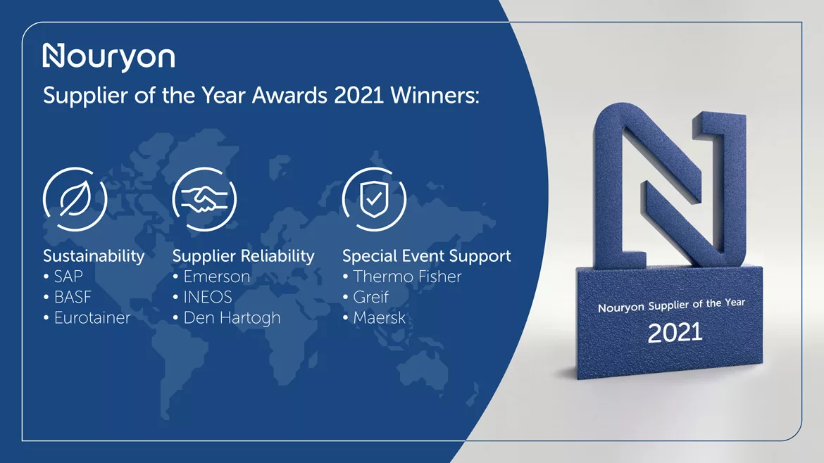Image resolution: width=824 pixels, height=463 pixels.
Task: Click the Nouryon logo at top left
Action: click(x=108, y=57)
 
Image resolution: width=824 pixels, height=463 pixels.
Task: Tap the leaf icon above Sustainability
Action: click(x=75, y=198)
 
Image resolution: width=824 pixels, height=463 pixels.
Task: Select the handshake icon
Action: click(x=204, y=198)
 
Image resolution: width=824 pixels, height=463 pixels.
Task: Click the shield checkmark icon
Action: click(x=373, y=198)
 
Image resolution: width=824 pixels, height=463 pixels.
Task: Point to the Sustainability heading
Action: click(x=94, y=256)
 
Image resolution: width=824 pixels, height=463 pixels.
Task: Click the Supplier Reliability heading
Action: click(x=243, y=256)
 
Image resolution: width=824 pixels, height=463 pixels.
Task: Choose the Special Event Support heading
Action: click(x=426, y=256)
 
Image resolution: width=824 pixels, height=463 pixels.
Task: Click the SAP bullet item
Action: click(x=68, y=277)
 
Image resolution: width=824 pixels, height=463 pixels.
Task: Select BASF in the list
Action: click(x=72, y=297)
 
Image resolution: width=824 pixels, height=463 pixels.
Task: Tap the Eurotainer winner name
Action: click(x=92, y=317)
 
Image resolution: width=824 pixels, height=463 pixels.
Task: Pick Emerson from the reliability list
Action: click(x=216, y=277)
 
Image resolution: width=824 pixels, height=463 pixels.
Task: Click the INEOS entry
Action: click(x=207, y=297)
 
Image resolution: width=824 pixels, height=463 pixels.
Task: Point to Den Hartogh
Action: click(x=231, y=318)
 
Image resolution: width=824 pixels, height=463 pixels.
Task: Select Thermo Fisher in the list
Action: click(x=407, y=277)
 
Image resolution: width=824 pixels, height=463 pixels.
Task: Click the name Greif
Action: click(x=370, y=297)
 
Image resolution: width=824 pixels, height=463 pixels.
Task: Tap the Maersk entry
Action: click(x=379, y=317)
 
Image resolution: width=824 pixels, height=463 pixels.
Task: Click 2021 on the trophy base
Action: click(x=675, y=332)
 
